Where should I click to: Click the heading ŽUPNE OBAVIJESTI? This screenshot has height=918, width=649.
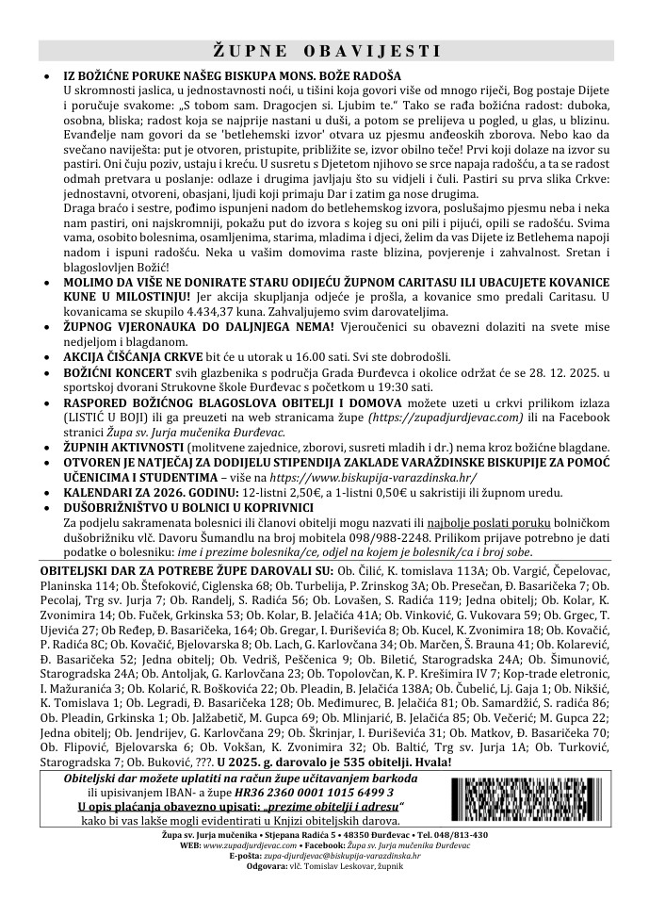click(x=324, y=50)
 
